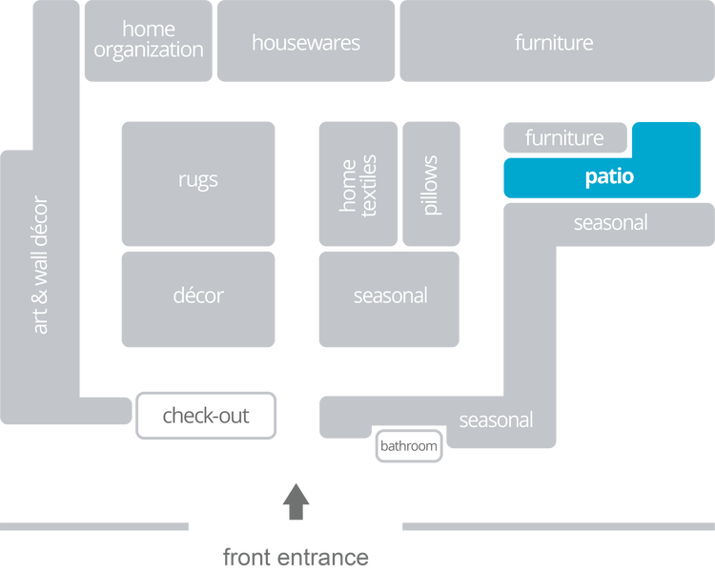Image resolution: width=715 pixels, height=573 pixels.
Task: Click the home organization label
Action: click(149, 40)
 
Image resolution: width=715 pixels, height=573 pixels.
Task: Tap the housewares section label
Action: click(306, 43)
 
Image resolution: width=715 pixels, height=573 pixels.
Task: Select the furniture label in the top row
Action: click(554, 43)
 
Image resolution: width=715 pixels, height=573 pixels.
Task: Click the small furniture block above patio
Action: click(564, 138)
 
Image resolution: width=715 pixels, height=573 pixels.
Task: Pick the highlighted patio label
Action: click(609, 176)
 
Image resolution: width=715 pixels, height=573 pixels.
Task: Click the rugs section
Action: click(197, 179)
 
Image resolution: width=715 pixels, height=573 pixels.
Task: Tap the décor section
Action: click(197, 296)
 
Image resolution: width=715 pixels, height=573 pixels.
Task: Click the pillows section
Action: click(431, 185)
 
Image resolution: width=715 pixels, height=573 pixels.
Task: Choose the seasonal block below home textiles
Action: click(390, 296)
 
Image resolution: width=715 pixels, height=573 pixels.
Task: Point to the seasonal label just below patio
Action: click(610, 223)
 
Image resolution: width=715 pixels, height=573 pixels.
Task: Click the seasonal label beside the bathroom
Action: click(496, 420)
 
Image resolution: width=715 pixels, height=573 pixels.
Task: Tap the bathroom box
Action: click(409, 446)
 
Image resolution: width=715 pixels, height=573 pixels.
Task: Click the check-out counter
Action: click(206, 416)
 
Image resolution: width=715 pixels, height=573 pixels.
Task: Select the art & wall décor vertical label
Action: click(40, 265)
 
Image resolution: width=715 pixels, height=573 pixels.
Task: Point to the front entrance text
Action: click(296, 557)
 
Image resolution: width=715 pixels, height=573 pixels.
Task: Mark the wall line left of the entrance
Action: click(95, 526)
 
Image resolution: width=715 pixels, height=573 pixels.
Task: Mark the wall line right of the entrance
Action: click(557, 526)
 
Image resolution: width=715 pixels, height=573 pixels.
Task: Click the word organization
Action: click(149, 51)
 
